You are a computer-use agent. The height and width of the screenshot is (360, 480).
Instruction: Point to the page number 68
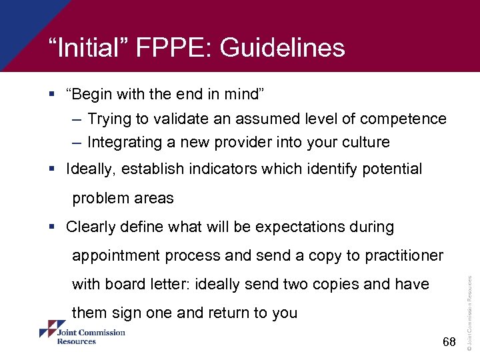(449, 343)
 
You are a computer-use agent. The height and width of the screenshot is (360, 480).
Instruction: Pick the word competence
(403, 119)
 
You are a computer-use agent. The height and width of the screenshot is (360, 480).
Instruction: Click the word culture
(366, 142)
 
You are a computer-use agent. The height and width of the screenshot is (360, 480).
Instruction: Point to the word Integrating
(125, 142)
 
